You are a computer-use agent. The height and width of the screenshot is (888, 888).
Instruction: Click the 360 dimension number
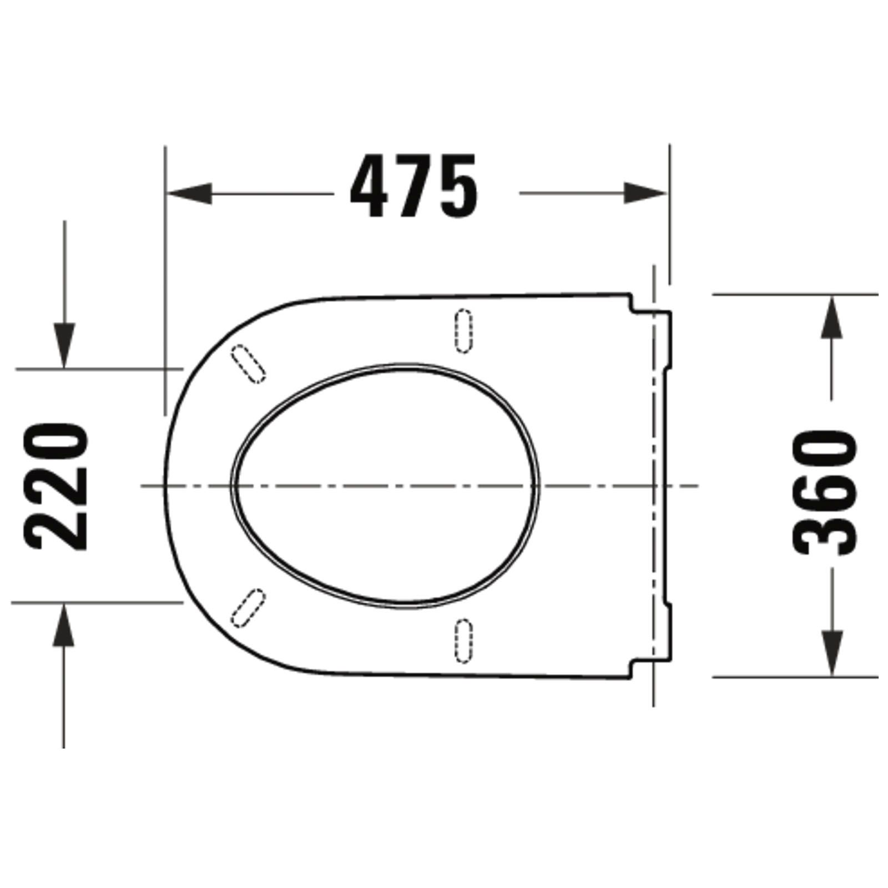pos(826,493)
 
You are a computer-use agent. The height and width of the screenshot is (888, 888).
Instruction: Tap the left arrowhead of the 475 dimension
pos(189,193)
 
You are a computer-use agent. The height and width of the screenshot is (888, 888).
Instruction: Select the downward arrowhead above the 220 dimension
pos(64,346)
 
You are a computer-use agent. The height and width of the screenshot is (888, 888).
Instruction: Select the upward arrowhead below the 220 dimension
pos(64,625)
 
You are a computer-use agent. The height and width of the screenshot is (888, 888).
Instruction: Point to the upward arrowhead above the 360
pos(831,317)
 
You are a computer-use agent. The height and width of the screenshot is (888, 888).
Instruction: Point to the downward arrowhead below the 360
pos(831,654)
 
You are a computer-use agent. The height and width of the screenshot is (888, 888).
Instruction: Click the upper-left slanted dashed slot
pos(248,364)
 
